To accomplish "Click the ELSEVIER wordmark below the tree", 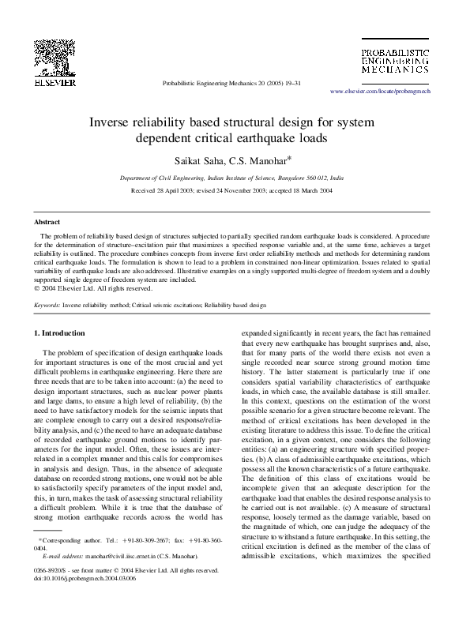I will (x=54, y=81).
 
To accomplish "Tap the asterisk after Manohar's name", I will (x=290, y=156).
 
